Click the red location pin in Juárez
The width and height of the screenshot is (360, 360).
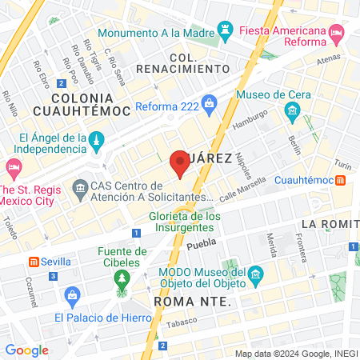[180, 163]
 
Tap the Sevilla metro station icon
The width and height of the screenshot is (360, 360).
[34, 262]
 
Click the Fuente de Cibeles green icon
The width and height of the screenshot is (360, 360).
[122, 279]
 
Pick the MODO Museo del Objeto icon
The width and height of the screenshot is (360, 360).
[256, 274]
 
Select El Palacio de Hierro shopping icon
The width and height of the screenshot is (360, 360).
[73, 296]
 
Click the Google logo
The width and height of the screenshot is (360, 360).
[26, 350]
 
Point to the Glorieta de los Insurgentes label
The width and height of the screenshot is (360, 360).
[185, 222]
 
